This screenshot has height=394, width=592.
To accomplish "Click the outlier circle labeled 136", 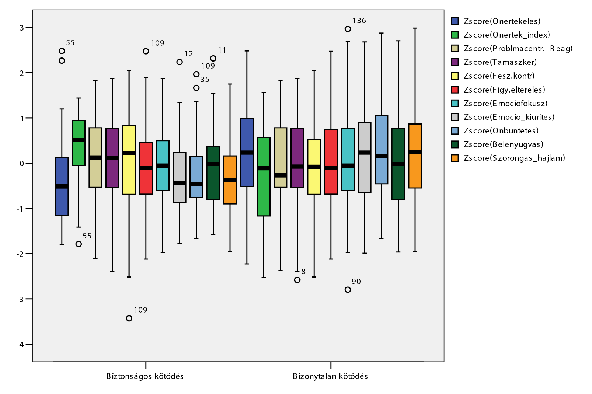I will [348, 29].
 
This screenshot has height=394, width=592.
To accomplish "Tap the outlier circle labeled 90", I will [348, 290].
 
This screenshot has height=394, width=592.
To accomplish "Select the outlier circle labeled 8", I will [297, 280].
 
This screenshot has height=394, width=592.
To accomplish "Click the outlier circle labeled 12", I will [180, 62].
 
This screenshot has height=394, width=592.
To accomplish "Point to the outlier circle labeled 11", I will [213, 59].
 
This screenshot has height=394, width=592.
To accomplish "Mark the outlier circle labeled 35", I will [196, 88].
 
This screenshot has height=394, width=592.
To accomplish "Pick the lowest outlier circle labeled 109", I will [129, 318].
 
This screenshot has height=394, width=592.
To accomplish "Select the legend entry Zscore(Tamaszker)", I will [500, 62].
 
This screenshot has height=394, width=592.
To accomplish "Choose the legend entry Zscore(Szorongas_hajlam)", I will [514, 158].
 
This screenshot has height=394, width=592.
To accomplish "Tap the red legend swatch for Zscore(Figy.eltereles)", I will [455, 90].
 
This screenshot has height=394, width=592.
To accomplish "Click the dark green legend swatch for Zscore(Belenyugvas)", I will [455, 144].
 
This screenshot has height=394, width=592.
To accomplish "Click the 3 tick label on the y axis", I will [22, 28].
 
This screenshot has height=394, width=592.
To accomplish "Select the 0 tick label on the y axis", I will [22, 163].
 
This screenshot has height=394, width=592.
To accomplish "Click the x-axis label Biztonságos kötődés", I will [145, 376].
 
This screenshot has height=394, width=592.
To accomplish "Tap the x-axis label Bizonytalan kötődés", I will [330, 376].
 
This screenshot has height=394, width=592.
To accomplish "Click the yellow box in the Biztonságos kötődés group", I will [129, 160].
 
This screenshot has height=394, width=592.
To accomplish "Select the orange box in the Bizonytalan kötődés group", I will [415, 156].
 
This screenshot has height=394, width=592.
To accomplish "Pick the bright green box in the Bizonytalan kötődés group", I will [264, 177].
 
